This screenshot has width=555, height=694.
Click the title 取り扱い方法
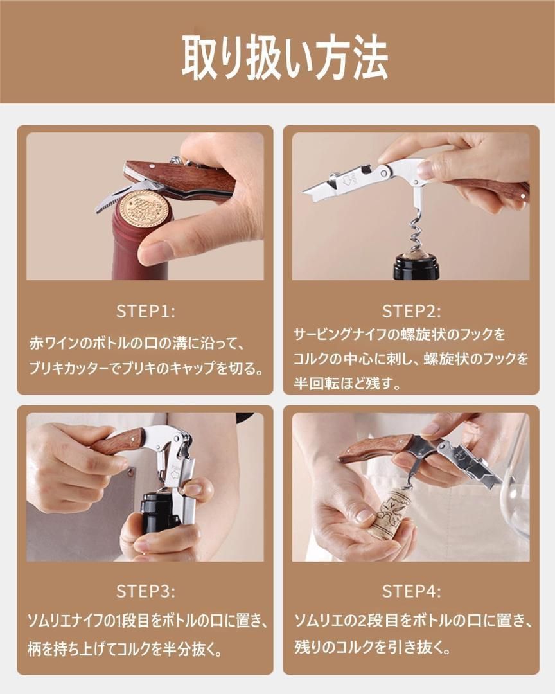click(x=285, y=58)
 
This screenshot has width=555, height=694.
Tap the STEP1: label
click(x=146, y=312)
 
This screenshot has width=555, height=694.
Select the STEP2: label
click(x=411, y=312)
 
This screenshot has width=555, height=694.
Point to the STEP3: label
click(x=146, y=591)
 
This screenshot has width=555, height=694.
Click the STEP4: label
click(x=411, y=591)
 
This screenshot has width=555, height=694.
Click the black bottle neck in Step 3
click(x=157, y=513)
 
